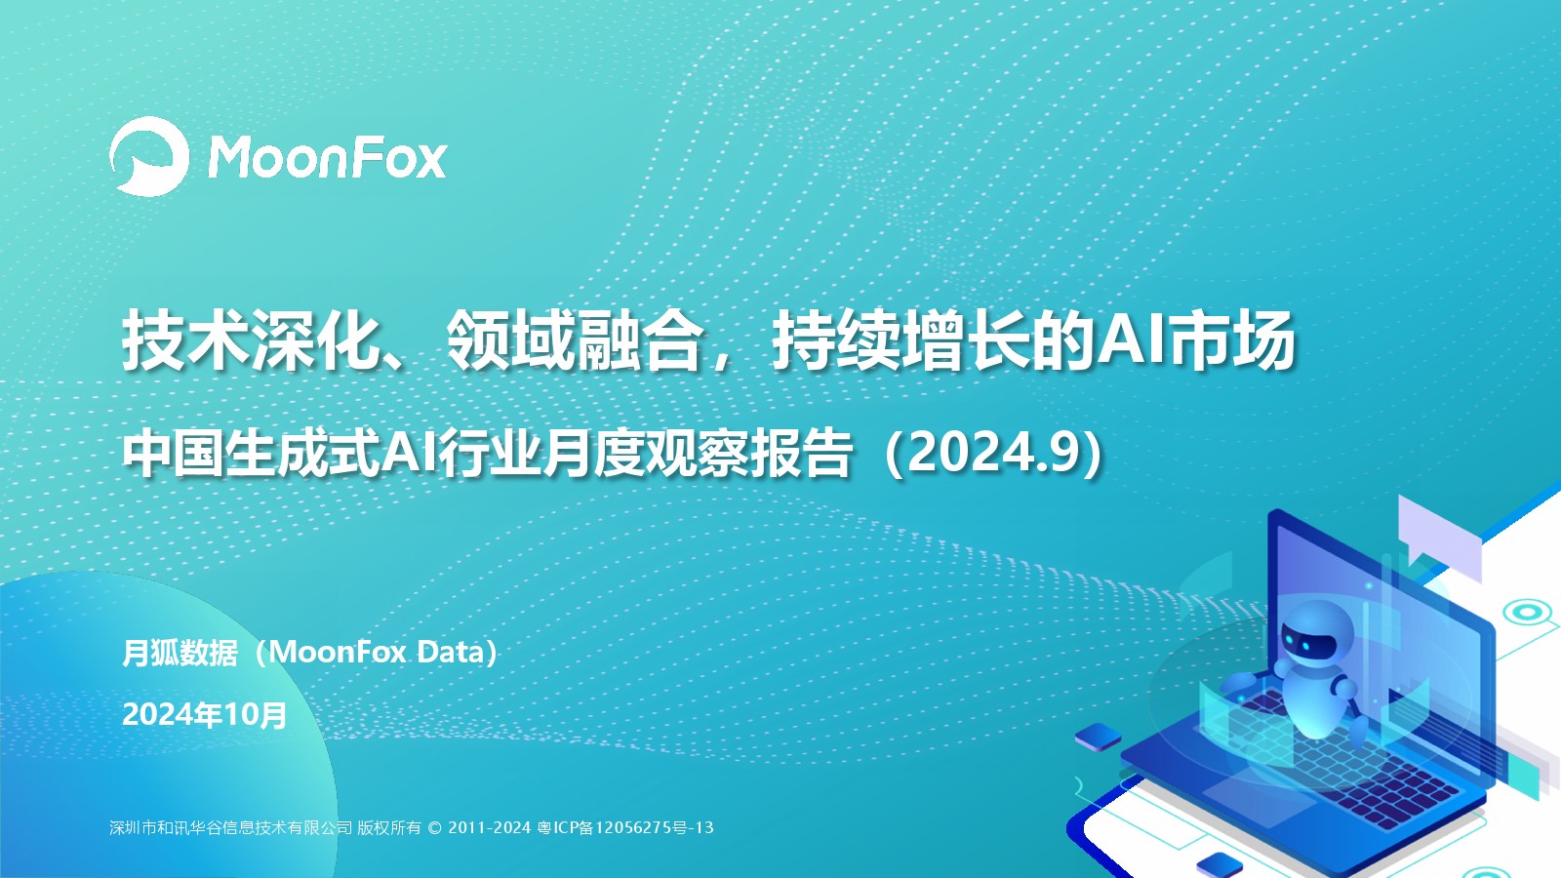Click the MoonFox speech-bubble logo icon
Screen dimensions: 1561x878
coord(149,156)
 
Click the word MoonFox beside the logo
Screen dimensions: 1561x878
coord(327,158)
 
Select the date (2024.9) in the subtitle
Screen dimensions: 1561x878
coord(994,454)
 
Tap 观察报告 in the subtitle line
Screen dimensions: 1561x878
coord(750,454)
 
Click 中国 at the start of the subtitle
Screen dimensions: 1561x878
coord(174,454)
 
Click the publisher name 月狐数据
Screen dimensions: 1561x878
coord(180,653)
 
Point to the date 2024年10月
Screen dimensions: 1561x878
coord(204,715)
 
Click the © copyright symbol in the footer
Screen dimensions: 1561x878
coord(435,828)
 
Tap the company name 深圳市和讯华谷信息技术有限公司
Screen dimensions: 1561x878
coord(230,828)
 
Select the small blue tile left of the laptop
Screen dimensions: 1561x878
coord(1098,736)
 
